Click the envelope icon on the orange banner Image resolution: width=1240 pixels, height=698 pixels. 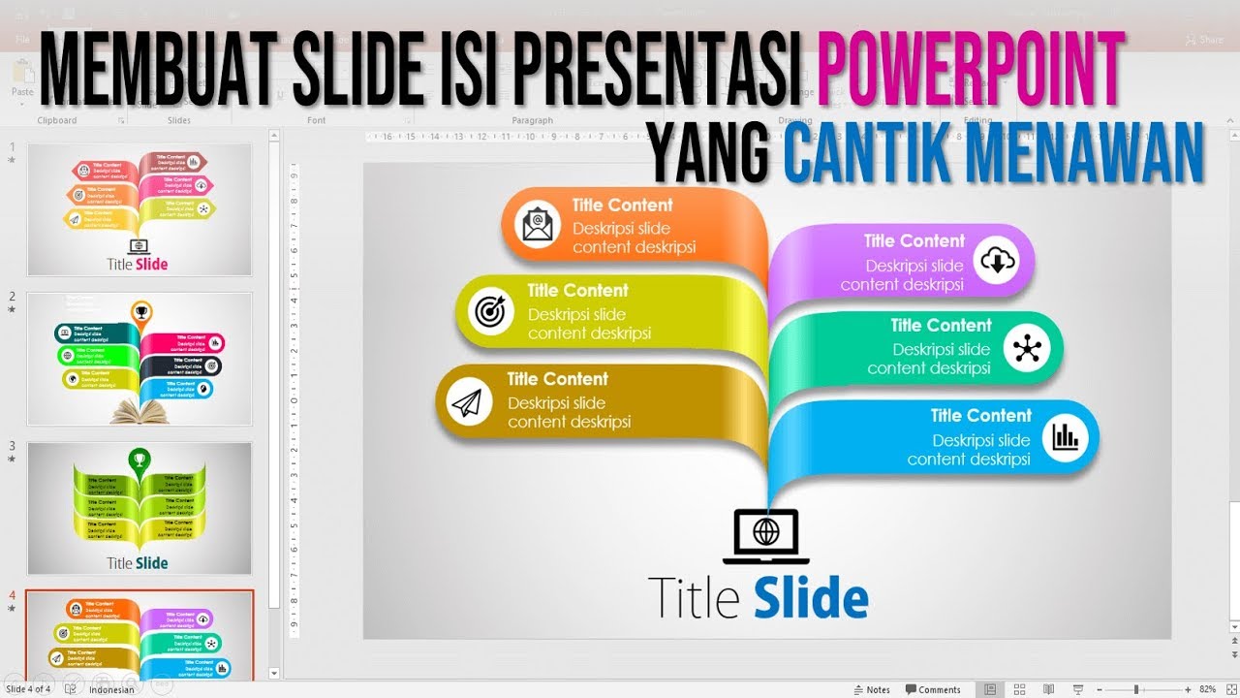[536, 224]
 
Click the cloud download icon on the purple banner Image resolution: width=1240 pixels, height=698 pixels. [997, 260]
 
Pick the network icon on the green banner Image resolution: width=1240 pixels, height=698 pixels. [1026, 348]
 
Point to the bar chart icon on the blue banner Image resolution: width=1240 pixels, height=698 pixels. [1065, 437]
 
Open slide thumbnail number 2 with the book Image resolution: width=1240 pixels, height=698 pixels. [139, 359]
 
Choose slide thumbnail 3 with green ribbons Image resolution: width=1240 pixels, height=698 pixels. [139, 508]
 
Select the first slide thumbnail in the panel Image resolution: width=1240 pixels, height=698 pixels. [139, 209]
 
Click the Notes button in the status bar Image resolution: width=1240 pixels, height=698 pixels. [872, 690]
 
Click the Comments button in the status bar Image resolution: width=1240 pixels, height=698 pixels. [933, 690]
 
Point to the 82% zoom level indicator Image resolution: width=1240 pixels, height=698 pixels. [1207, 690]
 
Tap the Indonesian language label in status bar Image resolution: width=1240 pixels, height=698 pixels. [111, 690]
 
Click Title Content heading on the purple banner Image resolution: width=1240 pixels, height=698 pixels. [914, 240]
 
